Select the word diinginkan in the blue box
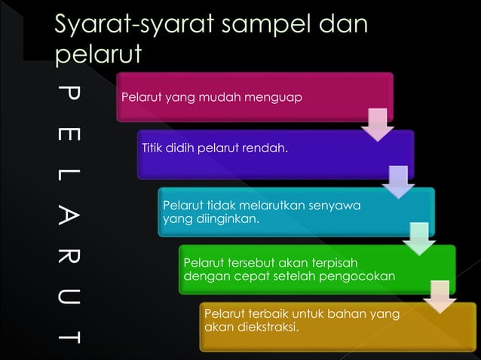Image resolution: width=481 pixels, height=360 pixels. [225, 218]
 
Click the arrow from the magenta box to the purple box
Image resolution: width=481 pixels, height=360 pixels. [377, 124]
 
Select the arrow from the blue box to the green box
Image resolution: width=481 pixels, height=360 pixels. [418, 238]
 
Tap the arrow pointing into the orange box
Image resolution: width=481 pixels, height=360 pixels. [440, 296]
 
